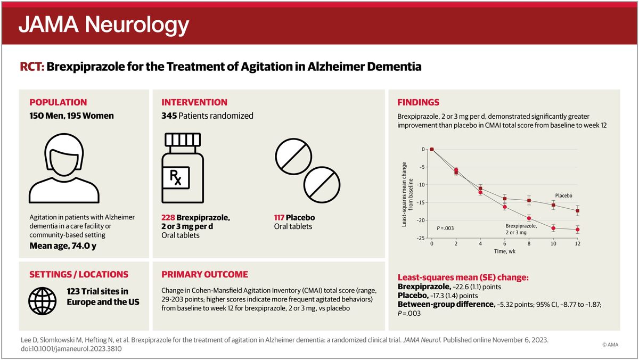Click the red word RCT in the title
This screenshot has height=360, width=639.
[x=32, y=67]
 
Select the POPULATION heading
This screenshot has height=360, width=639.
[x=58, y=102]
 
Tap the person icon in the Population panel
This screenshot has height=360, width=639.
[x=64, y=168]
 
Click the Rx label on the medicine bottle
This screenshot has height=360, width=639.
[x=176, y=177]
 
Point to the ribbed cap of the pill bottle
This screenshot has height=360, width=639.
[x=183, y=140]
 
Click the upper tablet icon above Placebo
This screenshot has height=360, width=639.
[x=293, y=157]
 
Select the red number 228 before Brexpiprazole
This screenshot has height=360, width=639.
[x=168, y=218]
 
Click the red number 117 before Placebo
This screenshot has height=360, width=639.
[x=279, y=218]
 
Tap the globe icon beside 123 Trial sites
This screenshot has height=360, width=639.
[x=42, y=301]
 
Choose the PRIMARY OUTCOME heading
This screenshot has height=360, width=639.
[x=204, y=274]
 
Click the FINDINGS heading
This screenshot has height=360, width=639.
[x=418, y=102]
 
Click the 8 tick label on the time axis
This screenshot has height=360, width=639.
[x=529, y=243]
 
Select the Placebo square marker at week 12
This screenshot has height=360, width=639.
[x=578, y=211]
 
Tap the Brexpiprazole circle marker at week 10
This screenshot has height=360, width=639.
[x=553, y=228]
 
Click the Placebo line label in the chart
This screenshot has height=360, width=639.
[x=563, y=195]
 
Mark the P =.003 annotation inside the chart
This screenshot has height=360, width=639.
[x=445, y=228]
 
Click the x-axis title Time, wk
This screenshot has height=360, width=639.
[x=505, y=251]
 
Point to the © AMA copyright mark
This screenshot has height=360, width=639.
[x=610, y=345]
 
